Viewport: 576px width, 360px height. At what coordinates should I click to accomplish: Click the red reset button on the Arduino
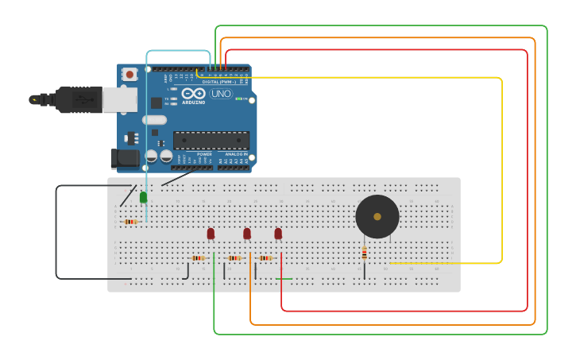pos(130,74)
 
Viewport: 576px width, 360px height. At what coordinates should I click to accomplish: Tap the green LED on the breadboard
pos(143,197)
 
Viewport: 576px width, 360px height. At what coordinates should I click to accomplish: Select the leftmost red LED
pos(211,234)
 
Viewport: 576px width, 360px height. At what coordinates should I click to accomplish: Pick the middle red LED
pos(247,234)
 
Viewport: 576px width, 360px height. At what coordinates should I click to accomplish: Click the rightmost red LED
pos(278,234)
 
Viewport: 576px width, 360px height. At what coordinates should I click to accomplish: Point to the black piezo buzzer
pos(377,216)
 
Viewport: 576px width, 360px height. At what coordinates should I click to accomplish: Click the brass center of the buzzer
pos(377,216)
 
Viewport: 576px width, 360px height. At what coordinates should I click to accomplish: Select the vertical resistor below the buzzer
pos(365,253)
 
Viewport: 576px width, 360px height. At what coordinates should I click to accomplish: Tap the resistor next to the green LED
pos(131,222)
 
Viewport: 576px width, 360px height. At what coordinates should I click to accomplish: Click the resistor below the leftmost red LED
pos(199,258)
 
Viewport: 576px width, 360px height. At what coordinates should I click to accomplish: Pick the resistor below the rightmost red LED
pos(265,258)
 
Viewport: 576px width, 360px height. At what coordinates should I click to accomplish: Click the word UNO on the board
pos(221,94)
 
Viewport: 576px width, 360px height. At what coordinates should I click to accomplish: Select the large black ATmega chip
pos(211,141)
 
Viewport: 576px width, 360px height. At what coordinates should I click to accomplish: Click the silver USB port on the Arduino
pos(120,99)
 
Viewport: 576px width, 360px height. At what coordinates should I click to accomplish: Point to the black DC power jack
pos(125,158)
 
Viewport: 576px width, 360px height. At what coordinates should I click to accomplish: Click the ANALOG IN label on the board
pos(236,154)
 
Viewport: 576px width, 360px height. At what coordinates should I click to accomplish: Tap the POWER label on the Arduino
pos(194,154)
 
